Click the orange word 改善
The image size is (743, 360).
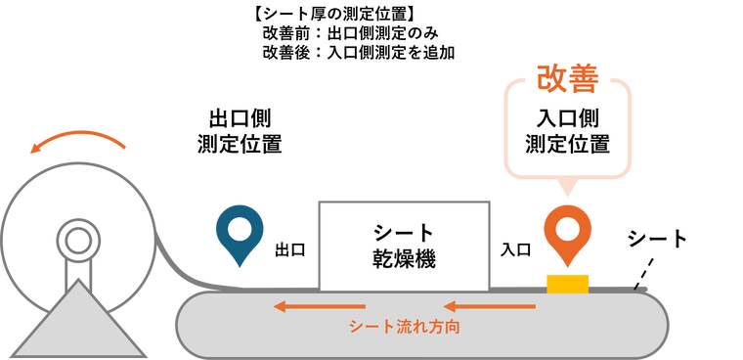567,79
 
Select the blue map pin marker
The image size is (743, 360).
240,235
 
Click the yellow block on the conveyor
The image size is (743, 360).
567,284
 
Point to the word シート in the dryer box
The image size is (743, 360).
404,233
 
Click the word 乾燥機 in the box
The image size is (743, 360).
404,259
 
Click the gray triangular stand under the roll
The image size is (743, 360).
75,323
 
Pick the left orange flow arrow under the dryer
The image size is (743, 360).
319,306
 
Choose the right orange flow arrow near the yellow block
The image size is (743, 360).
489,306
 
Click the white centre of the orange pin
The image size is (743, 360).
567,230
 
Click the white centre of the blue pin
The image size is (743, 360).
240,229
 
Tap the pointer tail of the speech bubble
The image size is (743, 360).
567,188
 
